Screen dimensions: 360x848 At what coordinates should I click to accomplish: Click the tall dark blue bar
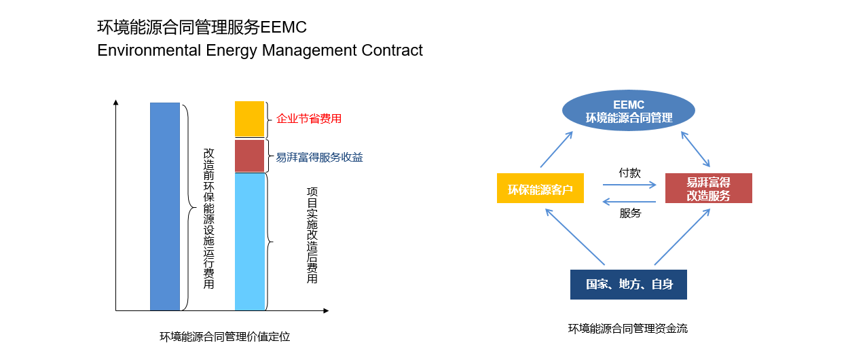(x=165, y=206)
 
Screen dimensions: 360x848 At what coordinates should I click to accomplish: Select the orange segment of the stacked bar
(x=249, y=119)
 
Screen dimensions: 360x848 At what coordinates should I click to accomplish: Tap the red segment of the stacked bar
(x=249, y=156)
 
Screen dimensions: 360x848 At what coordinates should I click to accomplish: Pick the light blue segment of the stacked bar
(x=249, y=241)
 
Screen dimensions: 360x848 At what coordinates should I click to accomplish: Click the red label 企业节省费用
(x=308, y=119)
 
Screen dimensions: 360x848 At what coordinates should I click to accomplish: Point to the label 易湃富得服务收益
(x=319, y=158)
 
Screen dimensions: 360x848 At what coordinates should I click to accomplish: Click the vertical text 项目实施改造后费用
(x=312, y=235)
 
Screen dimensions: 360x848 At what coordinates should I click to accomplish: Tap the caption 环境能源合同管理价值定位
(x=225, y=336)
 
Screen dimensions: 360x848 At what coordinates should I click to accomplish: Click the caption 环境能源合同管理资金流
(x=627, y=329)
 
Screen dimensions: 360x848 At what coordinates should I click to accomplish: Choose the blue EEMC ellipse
(x=629, y=111)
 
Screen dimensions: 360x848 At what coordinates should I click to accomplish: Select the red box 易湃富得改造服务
(x=708, y=189)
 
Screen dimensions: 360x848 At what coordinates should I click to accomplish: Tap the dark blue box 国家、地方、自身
(x=628, y=285)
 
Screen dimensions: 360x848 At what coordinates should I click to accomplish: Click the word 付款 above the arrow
(x=629, y=173)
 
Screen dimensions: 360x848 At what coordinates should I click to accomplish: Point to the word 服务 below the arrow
(x=629, y=213)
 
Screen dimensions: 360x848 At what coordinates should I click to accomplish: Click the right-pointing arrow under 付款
(x=629, y=185)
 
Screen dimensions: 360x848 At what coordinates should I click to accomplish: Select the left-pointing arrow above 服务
(x=629, y=201)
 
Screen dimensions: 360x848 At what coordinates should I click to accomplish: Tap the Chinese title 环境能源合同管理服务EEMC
(x=202, y=28)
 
